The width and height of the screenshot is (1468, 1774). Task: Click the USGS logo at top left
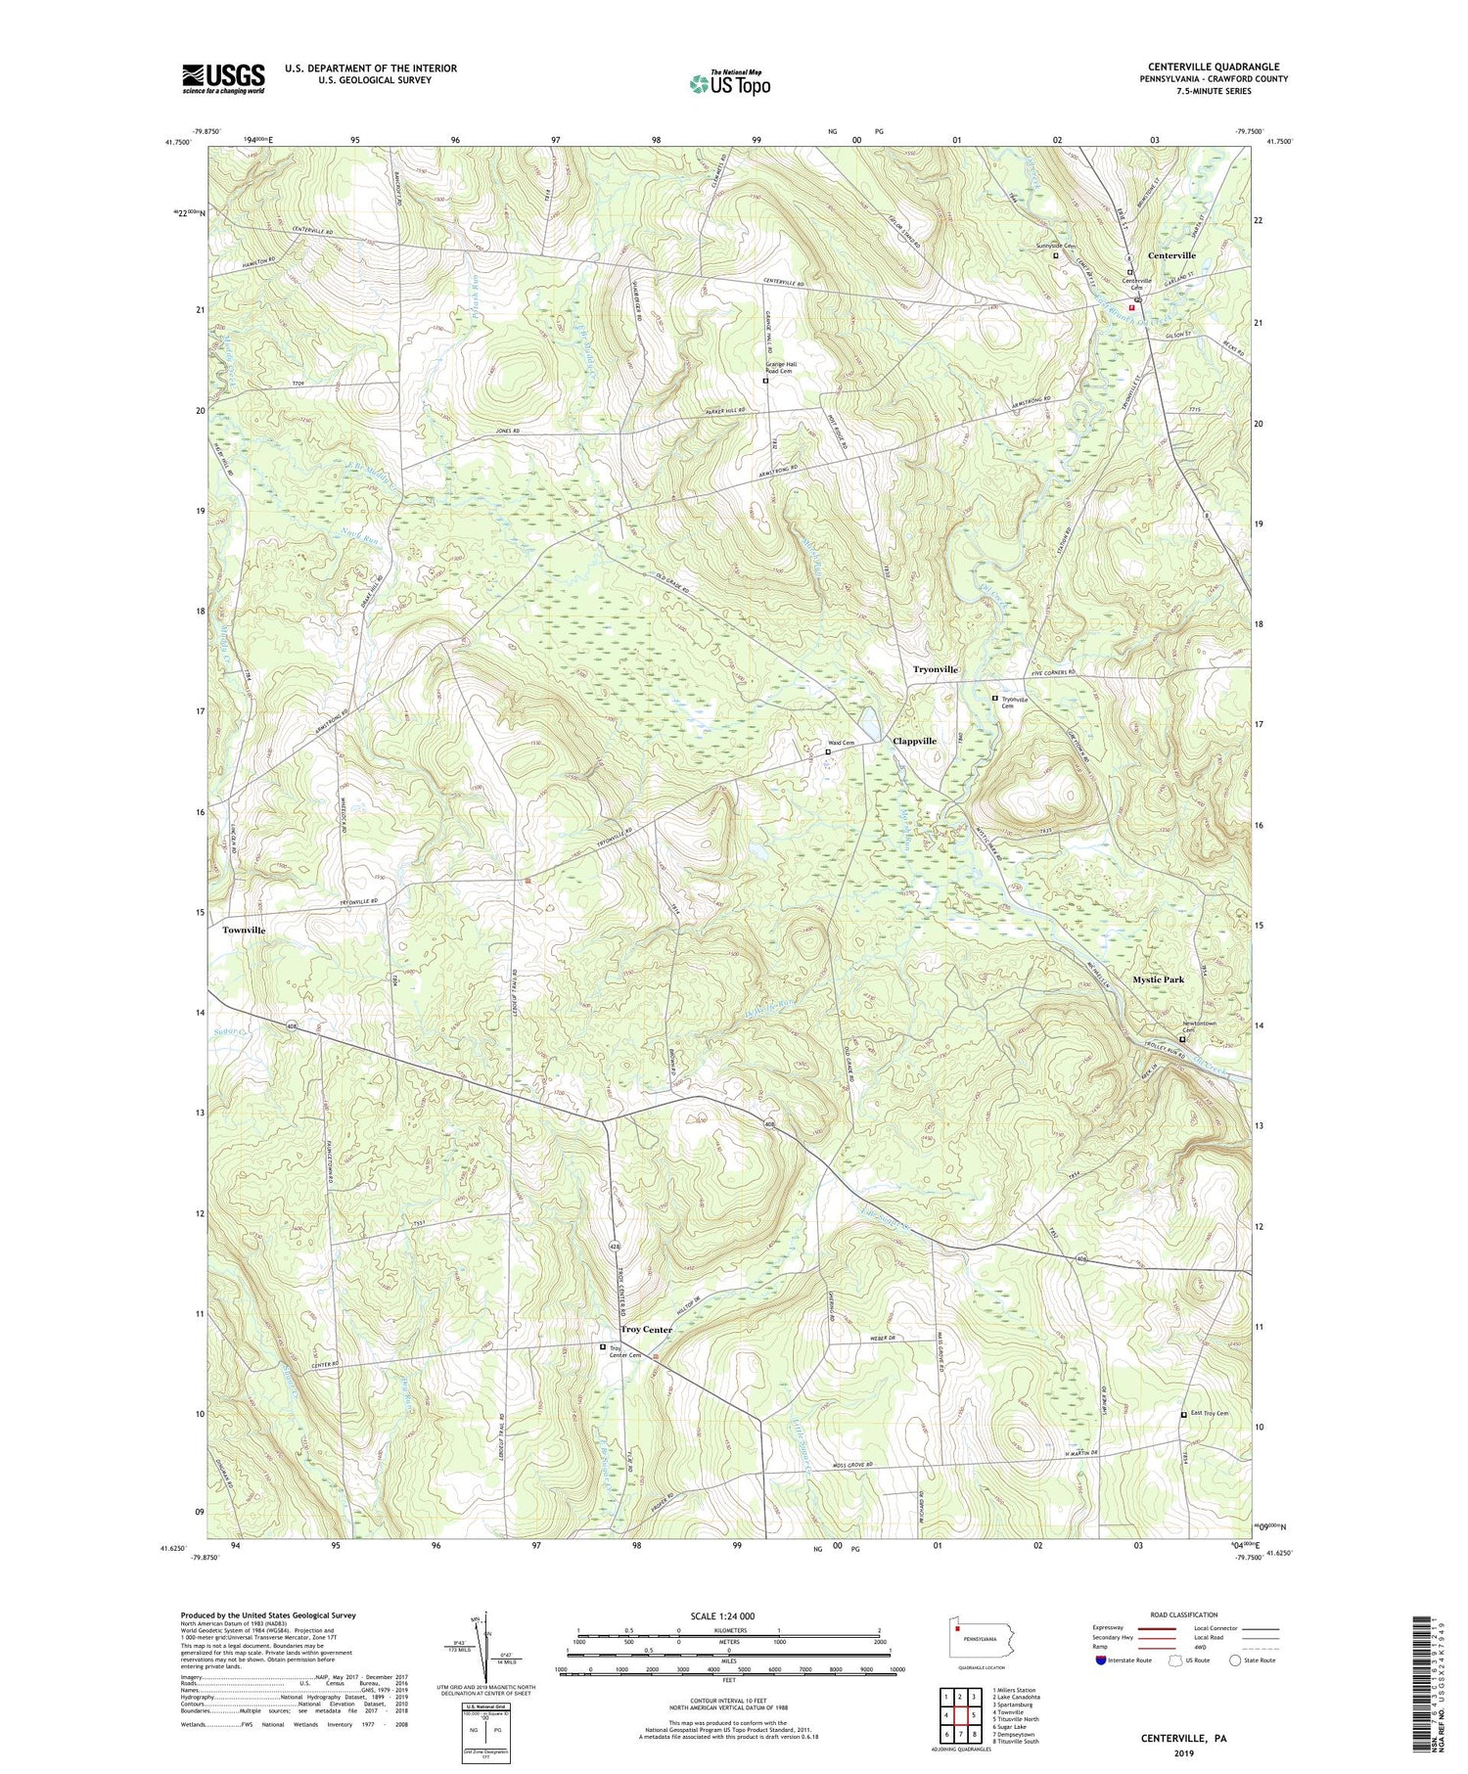pyautogui.click(x=222, y=78)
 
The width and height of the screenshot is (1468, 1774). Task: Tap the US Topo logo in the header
pyautogui.click(x=729, y=83)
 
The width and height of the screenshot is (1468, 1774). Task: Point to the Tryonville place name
pyautogui.click(x=935, y=668)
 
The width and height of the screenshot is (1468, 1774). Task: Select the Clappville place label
pyautogui.click(x=914, y=741)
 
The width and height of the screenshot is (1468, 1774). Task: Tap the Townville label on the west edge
pyautogui.click(x=244, y=930)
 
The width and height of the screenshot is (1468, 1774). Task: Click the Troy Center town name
pyautogui.click(x=646, y=1330)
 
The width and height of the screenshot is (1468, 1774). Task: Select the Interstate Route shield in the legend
pyautogui.click(x=1101, y=1660)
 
